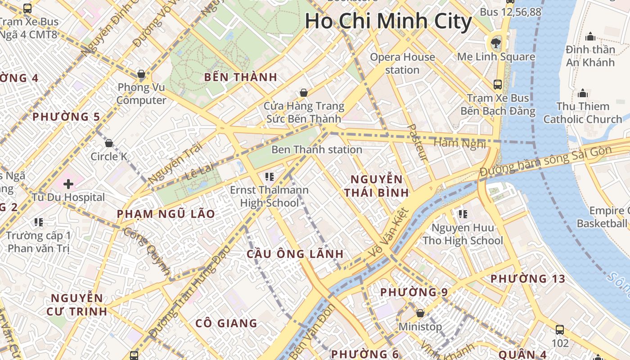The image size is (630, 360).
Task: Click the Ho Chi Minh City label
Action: tap(388, 22)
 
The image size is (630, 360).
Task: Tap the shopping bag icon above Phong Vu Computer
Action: tap(141, 74)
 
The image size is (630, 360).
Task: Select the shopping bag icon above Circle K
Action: tap(109, 144)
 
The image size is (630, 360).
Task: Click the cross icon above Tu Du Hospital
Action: tap(68, 184)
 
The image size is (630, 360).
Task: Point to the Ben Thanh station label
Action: tap(317, 149)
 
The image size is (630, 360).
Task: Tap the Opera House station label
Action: tap(402, 63)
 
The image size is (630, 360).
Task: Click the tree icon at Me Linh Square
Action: tap(496, 43)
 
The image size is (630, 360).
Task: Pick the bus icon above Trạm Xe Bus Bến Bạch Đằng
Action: tap(498, 85)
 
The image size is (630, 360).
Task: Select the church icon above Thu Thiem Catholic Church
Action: tap(583, 93)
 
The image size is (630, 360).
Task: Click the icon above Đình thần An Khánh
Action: tap(590, 36)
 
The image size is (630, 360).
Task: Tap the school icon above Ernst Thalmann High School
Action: tap(270, 177)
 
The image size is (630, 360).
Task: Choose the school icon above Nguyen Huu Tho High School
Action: tap(463, 214)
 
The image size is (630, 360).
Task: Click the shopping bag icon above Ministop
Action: tap(420, 313)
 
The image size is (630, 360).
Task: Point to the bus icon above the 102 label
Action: tap(560, 330)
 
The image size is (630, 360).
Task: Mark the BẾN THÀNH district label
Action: tap(241, 77)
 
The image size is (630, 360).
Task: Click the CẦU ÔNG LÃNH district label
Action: tap(295, 254)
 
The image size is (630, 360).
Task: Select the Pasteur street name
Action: tap(417, 142)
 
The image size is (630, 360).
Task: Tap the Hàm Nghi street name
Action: tap(459, 143)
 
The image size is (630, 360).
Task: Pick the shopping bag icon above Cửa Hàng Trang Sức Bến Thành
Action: tap(304, 93)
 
